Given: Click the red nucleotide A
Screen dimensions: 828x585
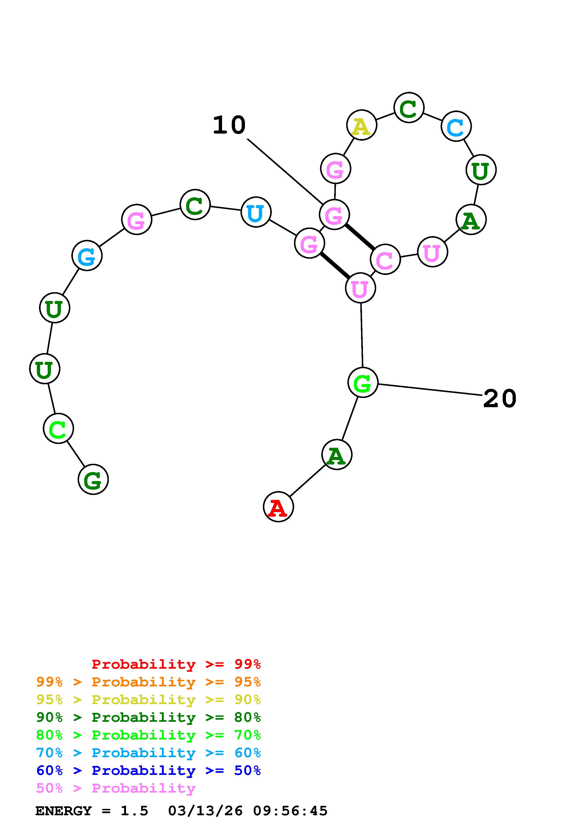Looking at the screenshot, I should [278, 507].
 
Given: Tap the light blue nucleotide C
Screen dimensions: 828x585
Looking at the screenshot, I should [456, 126].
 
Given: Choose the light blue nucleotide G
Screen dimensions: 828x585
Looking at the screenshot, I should [87, 256].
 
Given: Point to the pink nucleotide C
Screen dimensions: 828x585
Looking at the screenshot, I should [385, 259].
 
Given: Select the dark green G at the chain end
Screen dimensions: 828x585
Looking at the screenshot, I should [93, 480].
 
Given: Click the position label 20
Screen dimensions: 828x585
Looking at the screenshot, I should [500, 398].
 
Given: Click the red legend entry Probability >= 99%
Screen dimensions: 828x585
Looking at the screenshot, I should [176, 664].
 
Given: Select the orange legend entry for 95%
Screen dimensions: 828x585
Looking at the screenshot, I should [148, 682].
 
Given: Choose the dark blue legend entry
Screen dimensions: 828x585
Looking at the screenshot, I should [148, 770].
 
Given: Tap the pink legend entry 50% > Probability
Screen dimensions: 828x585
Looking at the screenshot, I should [116, 788].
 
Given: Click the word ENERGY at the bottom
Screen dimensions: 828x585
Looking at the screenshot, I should [63, 811].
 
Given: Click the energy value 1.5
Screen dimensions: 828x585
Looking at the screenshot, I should [134, 811].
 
